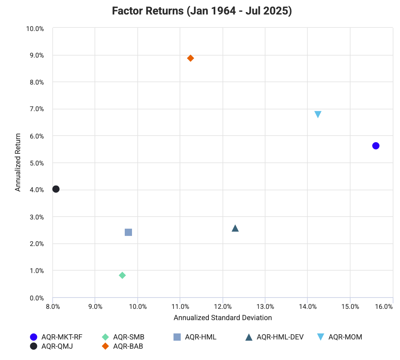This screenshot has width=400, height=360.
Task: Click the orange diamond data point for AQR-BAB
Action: click(190, 58)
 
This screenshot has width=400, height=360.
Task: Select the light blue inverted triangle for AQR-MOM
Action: click(318, 114)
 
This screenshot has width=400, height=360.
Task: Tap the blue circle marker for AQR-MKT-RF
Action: click(376, 146)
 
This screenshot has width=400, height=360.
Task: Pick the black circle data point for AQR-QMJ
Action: click(56, 189)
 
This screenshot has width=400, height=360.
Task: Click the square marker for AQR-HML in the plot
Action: click(128, 232)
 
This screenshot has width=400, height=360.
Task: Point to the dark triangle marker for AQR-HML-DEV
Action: click(235, 228)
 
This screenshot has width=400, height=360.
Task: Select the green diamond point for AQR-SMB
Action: click(122, 275)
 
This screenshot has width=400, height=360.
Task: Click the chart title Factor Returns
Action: click(202, 11)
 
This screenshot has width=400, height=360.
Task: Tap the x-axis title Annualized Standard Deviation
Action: click(223, 318)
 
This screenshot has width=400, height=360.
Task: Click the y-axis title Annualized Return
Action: click(18, 163)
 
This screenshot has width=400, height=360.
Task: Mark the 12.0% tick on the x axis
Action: click(223, 306)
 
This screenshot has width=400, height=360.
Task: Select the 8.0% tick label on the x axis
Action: click(53, 306)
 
